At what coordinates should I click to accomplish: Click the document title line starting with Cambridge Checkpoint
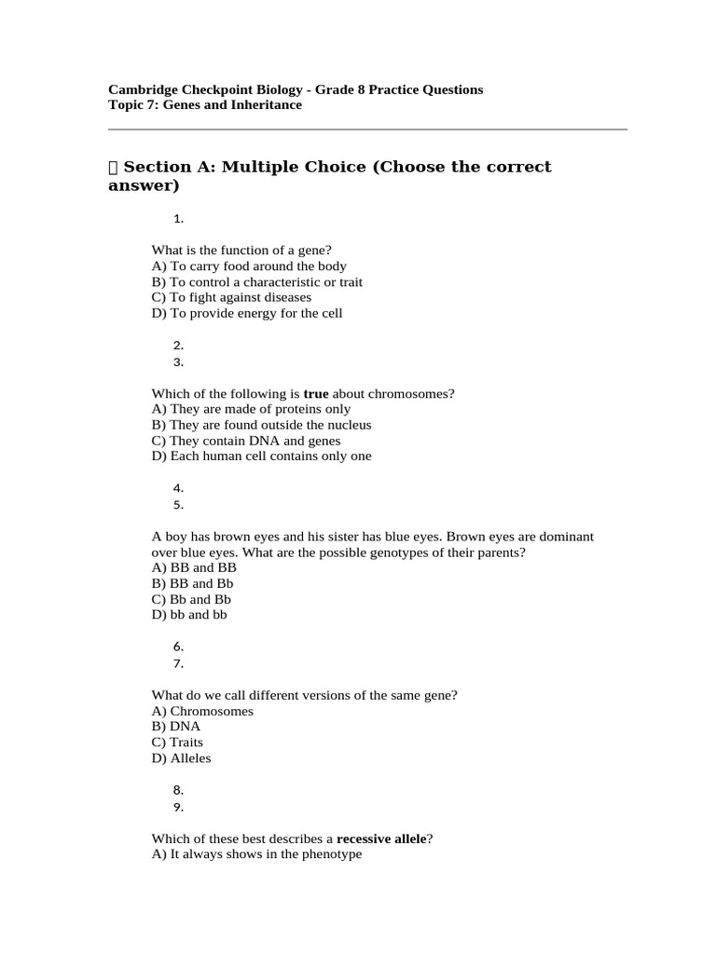(x=296, y=89)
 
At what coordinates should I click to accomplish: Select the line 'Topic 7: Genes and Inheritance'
(x=205, y=105)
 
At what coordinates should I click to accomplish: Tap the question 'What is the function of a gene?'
(x=241, y=250)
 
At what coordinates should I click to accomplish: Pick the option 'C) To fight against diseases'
(x=231, y=297)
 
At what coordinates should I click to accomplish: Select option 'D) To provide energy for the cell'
(x=247, y=313)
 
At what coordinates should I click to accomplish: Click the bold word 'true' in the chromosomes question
(x=316, y=393)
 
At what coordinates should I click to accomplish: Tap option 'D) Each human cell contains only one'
(x=261, y=457)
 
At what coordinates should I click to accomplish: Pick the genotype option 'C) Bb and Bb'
(x=191, y=599)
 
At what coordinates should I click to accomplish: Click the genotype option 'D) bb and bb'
(x=189, y=615)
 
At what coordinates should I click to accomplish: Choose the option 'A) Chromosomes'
(x=202, y=711)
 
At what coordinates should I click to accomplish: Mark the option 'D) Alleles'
(x=181, y=758)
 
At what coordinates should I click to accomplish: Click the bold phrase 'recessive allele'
(x=380, y=838)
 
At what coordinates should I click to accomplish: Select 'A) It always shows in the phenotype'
(x=256, y=854)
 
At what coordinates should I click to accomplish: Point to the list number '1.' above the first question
(x=178, y=219)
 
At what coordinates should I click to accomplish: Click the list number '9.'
(x=178, y=807)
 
